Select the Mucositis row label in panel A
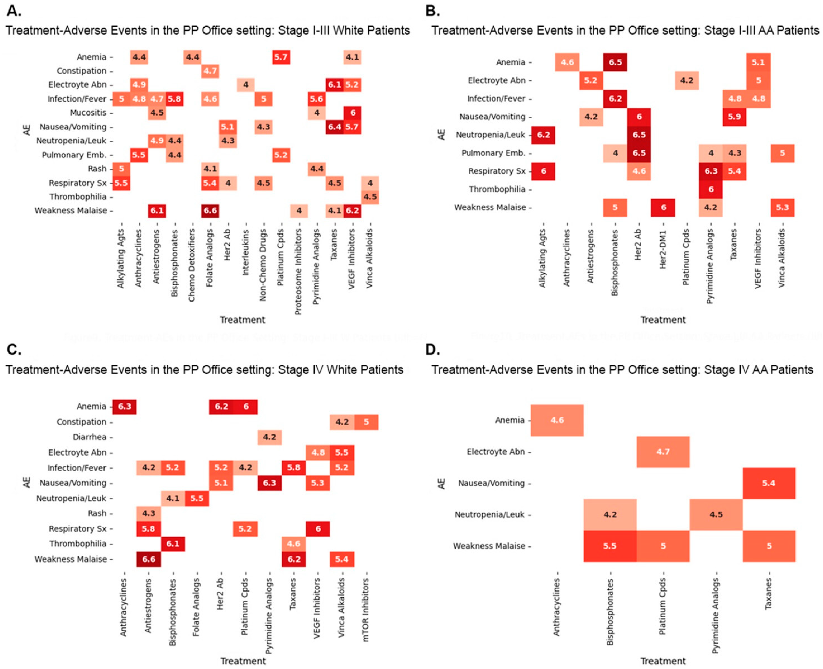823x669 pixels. tap(88, 113)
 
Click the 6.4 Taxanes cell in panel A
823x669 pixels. tap(334, 127)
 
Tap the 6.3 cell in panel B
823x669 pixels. tap(711, 171)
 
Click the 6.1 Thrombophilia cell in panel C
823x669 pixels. tap(172, 544)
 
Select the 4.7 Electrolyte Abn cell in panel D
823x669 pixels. tap(663, 452)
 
